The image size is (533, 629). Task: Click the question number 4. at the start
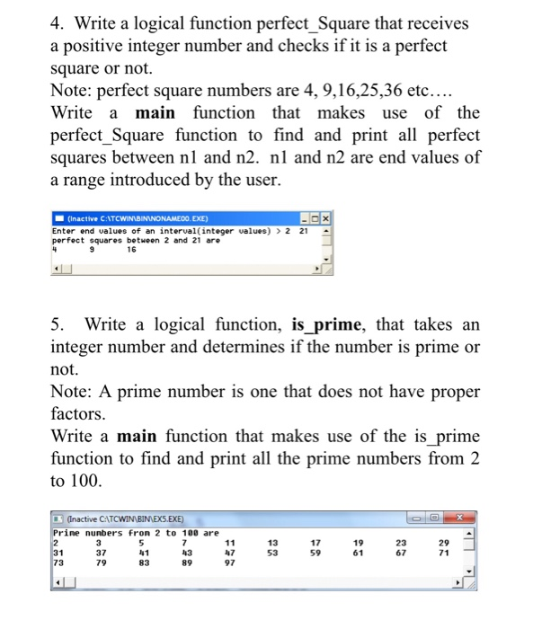58,22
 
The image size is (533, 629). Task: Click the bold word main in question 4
155,112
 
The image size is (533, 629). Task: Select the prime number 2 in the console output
56,541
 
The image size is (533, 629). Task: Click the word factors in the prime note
86,415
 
